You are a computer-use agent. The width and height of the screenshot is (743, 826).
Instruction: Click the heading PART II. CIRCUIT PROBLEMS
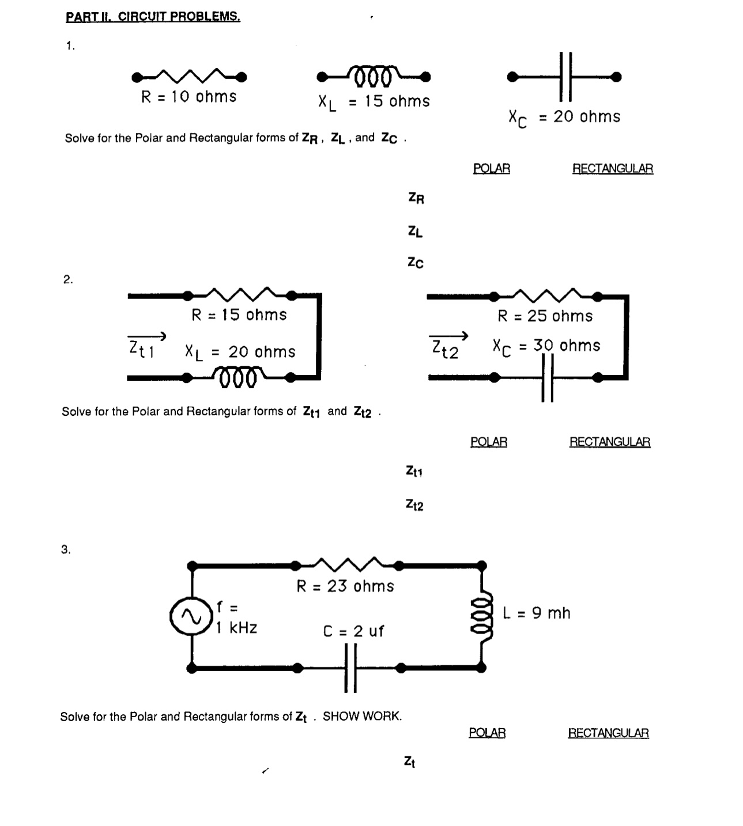coord(153,16)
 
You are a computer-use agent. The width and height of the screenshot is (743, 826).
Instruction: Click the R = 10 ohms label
coord(188,97)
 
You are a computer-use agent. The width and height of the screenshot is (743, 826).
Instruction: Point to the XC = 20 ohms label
coord(564,118)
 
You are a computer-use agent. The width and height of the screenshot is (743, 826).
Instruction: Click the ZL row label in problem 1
coord(415,232)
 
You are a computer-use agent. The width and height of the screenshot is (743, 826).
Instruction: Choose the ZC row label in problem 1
coord(415,263)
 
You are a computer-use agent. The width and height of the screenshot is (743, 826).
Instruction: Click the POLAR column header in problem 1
coord(491,169)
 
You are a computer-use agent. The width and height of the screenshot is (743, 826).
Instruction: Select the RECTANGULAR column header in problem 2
coord(610,442)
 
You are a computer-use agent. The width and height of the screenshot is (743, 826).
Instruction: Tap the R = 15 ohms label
coord(239,315)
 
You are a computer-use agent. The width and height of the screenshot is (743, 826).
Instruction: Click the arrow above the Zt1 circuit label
coord(146,336)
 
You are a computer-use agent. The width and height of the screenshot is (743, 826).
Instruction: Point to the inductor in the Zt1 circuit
coord(239,378)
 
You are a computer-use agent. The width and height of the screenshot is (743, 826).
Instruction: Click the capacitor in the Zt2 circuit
coord(547,378)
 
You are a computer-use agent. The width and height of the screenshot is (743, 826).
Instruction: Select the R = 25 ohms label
coord(545,316)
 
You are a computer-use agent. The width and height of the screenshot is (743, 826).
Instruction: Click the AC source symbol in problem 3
coord(190,617)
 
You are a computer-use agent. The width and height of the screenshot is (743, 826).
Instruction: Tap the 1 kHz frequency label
coord(236,628)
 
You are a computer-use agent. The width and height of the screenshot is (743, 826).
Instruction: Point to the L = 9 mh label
coord(536,613)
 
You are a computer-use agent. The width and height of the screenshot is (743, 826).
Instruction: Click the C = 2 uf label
coord(353,631)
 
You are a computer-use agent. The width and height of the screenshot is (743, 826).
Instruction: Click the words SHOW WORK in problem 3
coord(362,716)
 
